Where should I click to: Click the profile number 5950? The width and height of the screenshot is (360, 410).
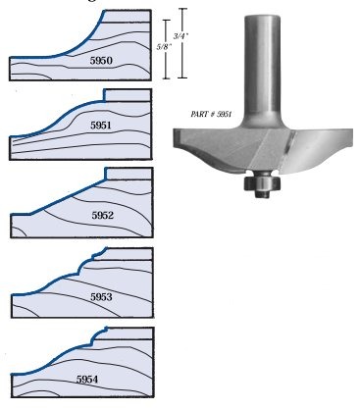coord(101,61)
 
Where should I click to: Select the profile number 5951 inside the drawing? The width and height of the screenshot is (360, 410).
coord(101,126)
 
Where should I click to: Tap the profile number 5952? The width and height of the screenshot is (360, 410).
coord(102,215)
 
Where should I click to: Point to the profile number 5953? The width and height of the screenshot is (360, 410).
coord(101,296)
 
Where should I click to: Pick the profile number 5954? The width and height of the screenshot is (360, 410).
coord(87,380)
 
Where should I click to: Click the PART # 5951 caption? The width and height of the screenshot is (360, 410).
coord(211,114)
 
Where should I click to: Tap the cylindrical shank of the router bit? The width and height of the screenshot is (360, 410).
coord(262,67)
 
